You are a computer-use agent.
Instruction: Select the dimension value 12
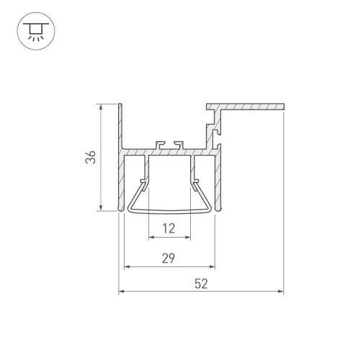pyautogui.click(x=169, y=229)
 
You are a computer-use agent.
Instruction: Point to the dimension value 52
pyautogui.click(x=201, y=284)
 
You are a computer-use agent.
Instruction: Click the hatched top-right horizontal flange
pyautogui.click(x=248, y=107)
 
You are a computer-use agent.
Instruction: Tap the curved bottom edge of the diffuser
pyautogui.click(x=170, y=212)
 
